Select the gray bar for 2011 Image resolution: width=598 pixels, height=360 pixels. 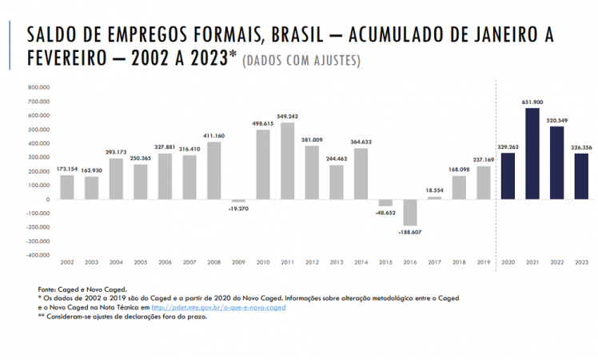[287, 161]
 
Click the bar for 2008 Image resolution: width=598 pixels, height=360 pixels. [213, 170]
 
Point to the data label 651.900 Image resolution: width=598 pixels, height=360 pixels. [532, 102]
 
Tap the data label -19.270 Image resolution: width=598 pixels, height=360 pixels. [238, 208]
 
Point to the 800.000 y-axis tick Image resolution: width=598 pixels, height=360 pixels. [38, 87]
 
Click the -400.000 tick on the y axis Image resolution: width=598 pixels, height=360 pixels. [38, 255]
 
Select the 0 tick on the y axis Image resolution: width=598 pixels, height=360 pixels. [49, 199]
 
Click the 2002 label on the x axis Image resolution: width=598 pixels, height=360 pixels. [67, 262]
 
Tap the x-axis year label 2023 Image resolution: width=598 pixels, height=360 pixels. [581, 262]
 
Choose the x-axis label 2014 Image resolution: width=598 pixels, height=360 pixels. [361, 262]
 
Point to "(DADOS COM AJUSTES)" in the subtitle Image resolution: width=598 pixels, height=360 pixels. [301, 61]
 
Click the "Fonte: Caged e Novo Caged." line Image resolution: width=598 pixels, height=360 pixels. [82, 289]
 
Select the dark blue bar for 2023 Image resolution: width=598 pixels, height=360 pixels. [581, 176]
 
